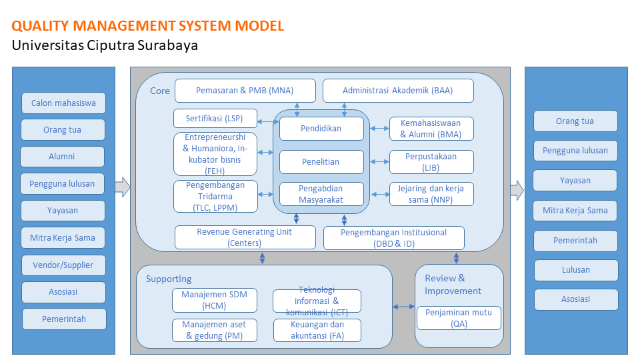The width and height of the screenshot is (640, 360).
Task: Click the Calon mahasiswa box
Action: pos(63,103)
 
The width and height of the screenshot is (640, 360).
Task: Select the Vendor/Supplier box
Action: pos(63,265)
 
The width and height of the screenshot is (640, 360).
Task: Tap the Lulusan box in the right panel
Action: pos(576,270)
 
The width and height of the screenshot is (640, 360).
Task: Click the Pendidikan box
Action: pos(321,129)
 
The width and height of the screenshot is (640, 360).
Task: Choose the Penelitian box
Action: pos(321,162)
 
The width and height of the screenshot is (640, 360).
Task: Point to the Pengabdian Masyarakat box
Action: pos(321,194)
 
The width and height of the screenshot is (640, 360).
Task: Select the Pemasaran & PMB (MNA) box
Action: pos(245,91)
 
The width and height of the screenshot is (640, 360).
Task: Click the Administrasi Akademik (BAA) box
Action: pos(398,91)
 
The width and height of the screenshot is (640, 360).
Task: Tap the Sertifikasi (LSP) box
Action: pos(215,119)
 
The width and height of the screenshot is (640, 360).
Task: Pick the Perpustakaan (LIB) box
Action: pos(431,162)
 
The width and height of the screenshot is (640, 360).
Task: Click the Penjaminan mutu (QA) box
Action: pos(459,318)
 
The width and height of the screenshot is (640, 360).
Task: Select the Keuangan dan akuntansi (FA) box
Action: pos(317,330)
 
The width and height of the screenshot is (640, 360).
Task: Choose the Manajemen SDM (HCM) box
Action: pos(214,301)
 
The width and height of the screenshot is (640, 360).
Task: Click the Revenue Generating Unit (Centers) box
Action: pos(245,237)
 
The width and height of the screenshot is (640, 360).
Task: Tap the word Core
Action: pos(159,91)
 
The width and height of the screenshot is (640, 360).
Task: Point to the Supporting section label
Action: pos(169,279)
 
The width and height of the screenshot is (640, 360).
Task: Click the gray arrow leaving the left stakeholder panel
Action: pos(123,187)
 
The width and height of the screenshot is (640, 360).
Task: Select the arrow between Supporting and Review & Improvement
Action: pos(404,307)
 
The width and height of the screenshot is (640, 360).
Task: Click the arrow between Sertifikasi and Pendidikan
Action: pos(268,121)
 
